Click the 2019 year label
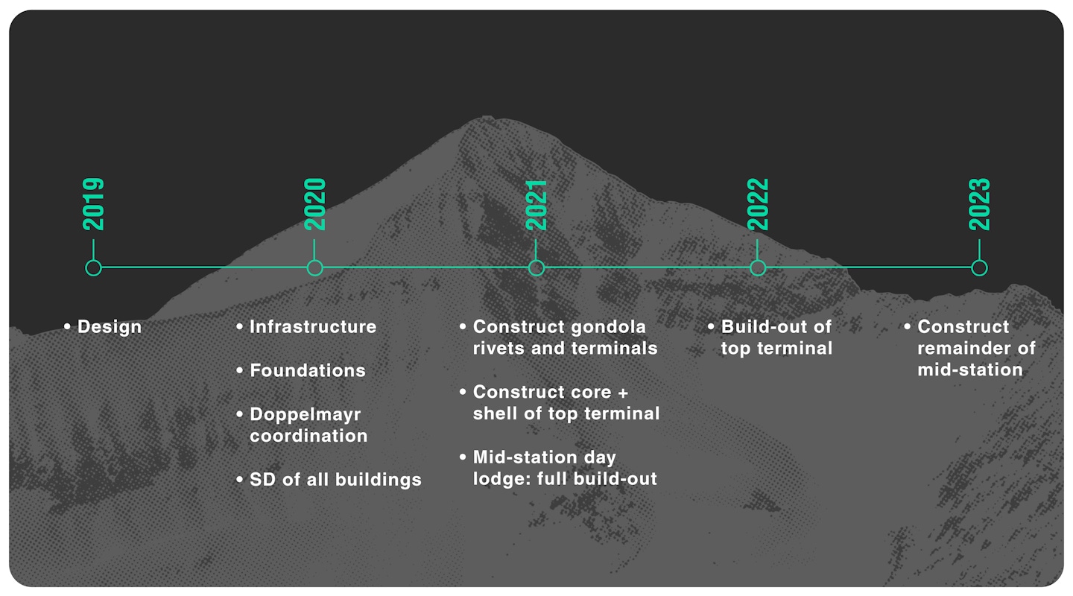pyautogui.click(x=93, y=204)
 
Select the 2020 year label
pyautogui.click(x=315, y=204)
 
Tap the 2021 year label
pyautogui.click(x=536, y=204)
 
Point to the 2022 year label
pyautogui.click(x=758, y=204)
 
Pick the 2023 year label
pyautogui.click(x=979, y=204)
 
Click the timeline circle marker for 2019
pyautogui.click(x=93, y=267)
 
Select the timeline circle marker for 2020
pyautogui.click(x=315, y=267)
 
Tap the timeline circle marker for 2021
pyautogui.click(x=536, y=267)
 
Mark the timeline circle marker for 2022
pyautogui.click(x=758, y=267)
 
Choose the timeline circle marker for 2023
pyautogui.click(x=979, y=267)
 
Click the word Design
pyautogui.click(x=109, y=327)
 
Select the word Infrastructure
pyautogui.click(x=313, y=327)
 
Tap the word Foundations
pyautogui.click(x=308, y=370)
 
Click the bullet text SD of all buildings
pyautogui.click(x=335, y=479)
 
